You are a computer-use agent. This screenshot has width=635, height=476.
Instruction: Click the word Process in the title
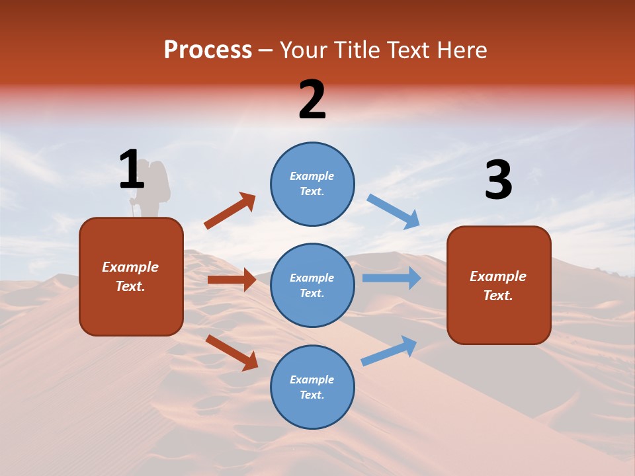(208, 50)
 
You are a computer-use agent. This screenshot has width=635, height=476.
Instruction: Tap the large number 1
(132, 170)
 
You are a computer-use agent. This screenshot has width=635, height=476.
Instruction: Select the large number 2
(312, 100)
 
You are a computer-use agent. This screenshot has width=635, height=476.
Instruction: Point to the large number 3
(498, 180)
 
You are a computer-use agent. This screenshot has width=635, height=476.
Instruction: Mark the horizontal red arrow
(232, 280)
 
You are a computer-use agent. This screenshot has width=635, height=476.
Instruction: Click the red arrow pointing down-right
(232, 352)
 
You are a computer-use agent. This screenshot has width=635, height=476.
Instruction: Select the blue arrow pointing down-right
(393, 212)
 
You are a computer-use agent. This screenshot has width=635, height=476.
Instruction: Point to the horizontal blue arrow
(391, 278)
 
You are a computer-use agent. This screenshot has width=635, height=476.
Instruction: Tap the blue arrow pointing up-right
(389, 350)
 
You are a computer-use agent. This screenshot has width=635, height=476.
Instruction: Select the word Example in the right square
(498, 276)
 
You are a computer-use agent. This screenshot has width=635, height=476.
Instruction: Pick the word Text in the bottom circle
(311, 395)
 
